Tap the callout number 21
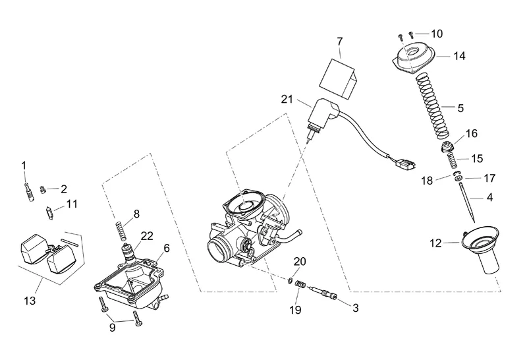point(285,100)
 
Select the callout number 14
point(459,57)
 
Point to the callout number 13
point(29,301)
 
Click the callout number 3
point(356,307)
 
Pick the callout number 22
point(146,236)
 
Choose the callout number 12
point(436,243)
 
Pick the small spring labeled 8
point(121,231)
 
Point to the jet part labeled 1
point(29,195)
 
